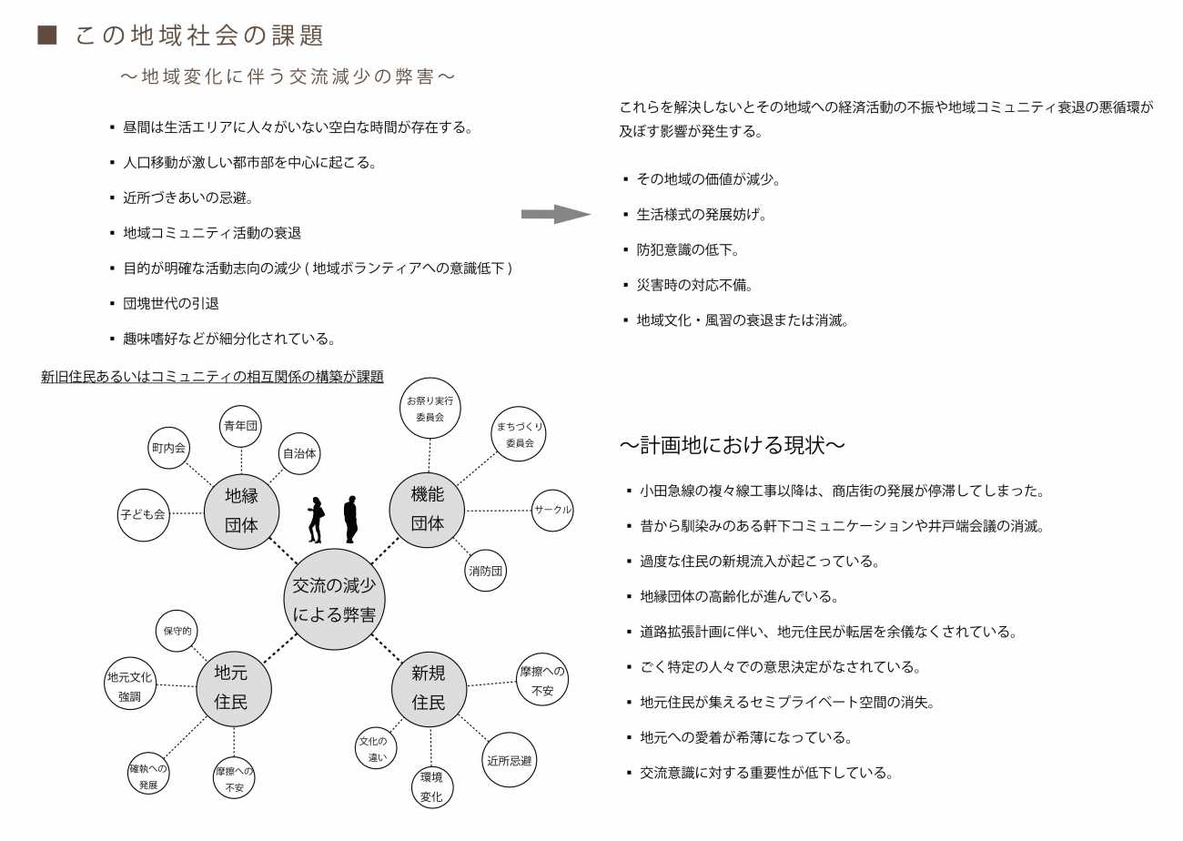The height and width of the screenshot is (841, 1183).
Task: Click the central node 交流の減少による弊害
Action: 335,600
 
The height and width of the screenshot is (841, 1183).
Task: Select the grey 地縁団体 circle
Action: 242,510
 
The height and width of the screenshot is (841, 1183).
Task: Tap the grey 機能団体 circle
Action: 428,509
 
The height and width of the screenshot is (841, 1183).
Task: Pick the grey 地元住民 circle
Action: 234,687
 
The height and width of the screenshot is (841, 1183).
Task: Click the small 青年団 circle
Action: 241,426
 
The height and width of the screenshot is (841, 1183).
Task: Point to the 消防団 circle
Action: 486,571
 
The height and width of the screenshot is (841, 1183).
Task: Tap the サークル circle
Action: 552,510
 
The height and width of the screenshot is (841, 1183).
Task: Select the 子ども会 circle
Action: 143,514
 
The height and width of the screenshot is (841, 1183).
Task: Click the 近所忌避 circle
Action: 510,760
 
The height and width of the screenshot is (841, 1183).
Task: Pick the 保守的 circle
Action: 177,631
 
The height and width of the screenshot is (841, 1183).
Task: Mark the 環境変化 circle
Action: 431,787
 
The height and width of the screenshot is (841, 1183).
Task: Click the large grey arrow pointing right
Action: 555,215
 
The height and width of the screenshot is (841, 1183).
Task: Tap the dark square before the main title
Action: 47,35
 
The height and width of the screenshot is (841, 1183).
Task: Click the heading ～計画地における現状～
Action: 733,445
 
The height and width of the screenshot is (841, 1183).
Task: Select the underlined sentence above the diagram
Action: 212,376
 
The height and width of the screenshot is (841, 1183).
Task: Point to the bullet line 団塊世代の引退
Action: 171,303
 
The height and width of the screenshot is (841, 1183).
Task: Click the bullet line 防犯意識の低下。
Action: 687,249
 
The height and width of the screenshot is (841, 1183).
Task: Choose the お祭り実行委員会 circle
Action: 430,409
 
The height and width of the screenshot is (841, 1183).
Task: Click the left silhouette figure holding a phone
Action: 316,520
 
